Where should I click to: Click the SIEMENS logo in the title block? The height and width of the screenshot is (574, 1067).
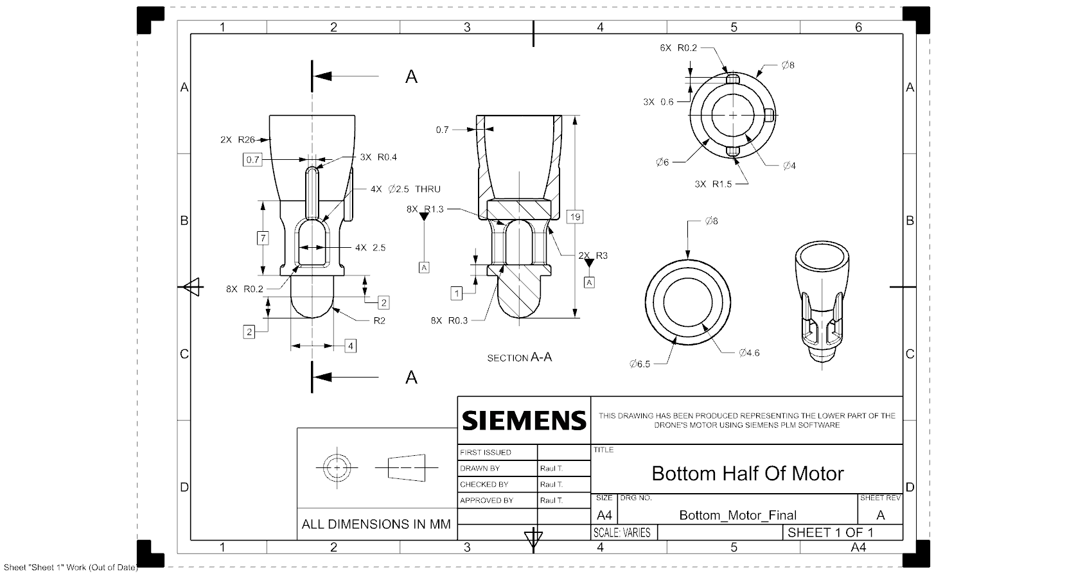pyautogui.click(x=524, y=421)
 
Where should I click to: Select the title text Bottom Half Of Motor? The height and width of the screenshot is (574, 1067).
pyautogui.click(x=747, y=474)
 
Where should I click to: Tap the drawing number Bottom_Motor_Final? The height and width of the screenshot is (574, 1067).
pyautogui.click(x=737, y=515)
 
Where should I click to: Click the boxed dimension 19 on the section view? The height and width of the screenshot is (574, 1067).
pyautogui.click(x=575, y=217)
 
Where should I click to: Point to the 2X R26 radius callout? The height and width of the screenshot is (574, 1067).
pyautogui.click(x=237, y=139)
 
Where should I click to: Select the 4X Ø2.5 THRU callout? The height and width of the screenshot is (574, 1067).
pyautogui.click(x=405, y=189)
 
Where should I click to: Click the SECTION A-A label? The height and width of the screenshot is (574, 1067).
pyautogui.click(x=519, y=358)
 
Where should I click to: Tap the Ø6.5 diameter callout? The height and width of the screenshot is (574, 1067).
pyautogui.click(x=639, y=364)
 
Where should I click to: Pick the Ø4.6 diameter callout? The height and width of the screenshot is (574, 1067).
pyautogui.click(x=749, y=352)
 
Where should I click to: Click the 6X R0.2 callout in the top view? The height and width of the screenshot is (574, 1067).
pyautogui.click(x=678, y=48)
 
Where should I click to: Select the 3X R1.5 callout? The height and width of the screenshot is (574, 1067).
pyautogui.click(x=713, y=184)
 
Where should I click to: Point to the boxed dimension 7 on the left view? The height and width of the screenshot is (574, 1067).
pyautogui.click(x=263, y=238)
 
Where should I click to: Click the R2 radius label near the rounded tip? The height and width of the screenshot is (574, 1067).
pyautogui.click(x=379, y=320)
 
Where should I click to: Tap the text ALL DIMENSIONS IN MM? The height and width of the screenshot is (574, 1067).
pyautogui.click(x=376, y=525)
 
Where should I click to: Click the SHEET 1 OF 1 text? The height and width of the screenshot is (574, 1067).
pyautogui.click(x=830, y=532)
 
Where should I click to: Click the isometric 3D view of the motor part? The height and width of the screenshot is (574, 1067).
pyautogui.click(x=822, y=301)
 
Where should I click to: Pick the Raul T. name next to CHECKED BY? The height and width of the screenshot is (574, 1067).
pyautogui.click(x=551, y=484)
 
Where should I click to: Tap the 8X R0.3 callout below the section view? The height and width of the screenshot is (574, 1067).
pyautogui.click(x=449, y=320)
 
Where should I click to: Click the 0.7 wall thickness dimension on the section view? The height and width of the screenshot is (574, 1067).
pyautogui.click(x=442, y=130)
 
